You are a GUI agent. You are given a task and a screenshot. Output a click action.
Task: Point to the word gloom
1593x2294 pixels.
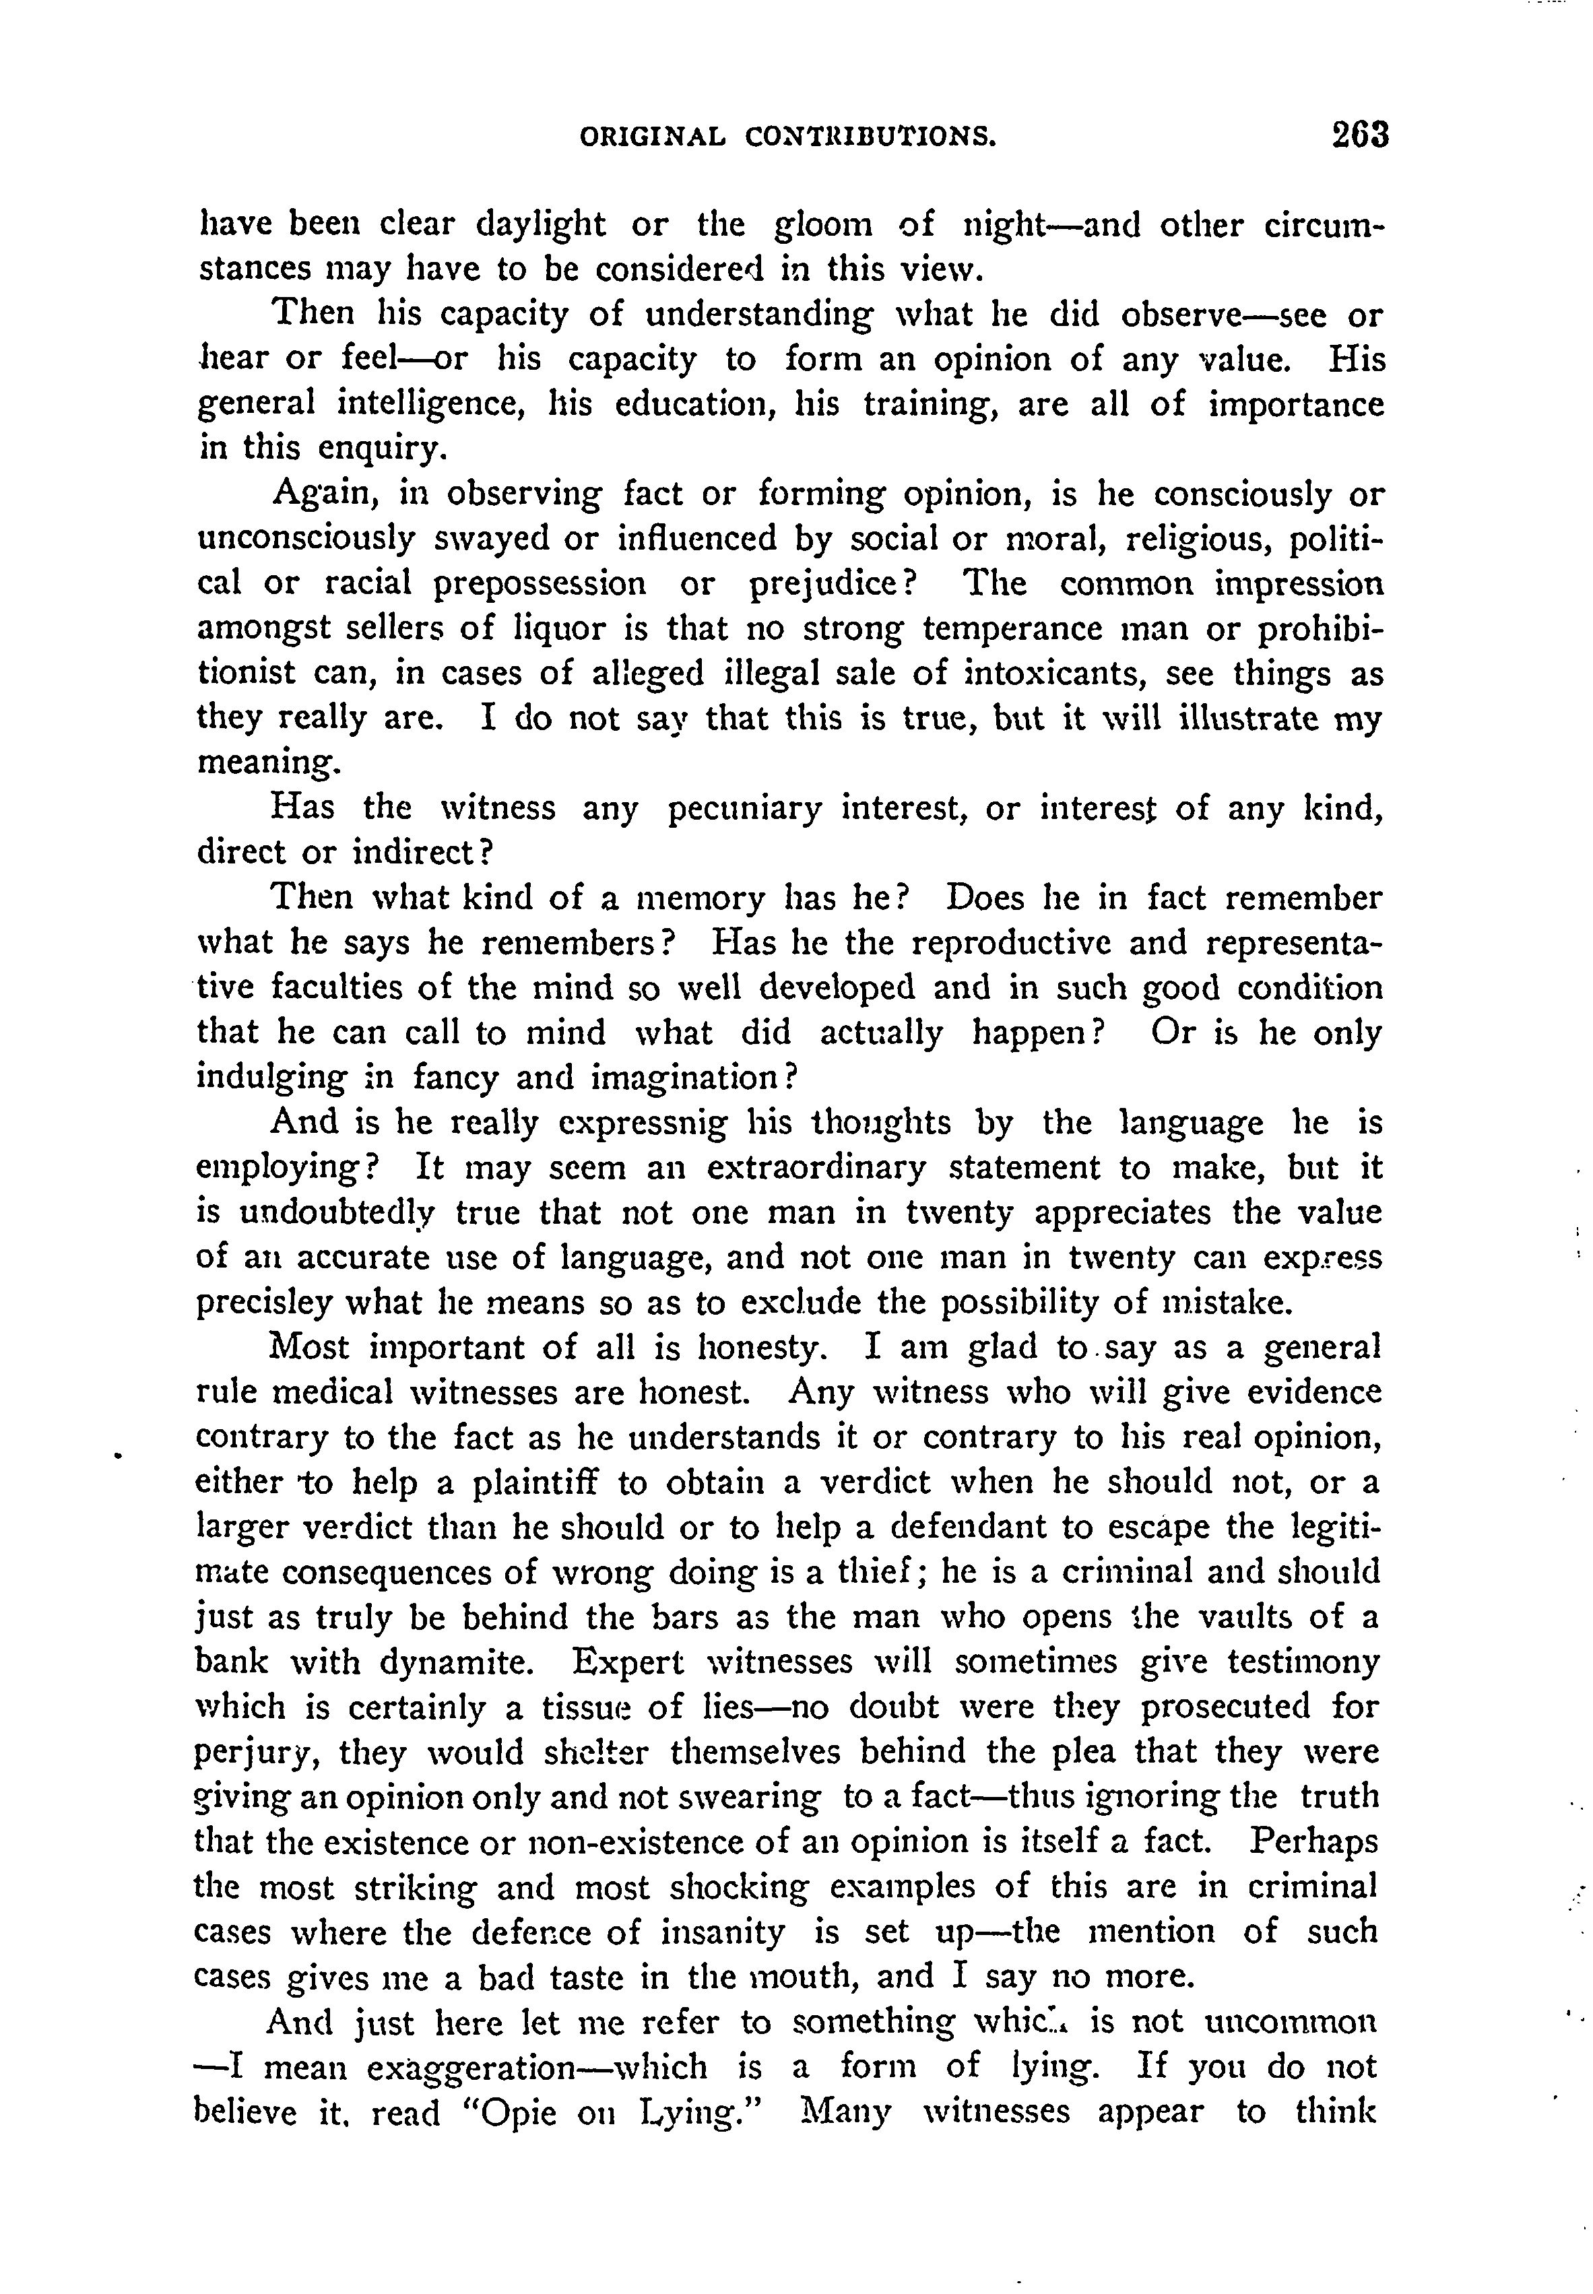coord(824,224)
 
